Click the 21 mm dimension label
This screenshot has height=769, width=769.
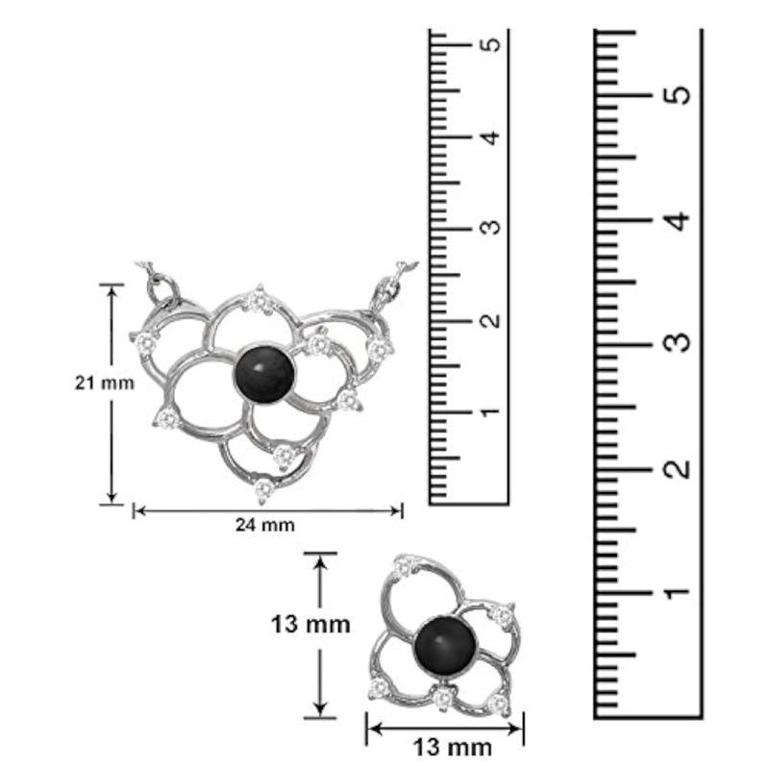coord(105,383)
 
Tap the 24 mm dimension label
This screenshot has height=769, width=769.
coord(265,525)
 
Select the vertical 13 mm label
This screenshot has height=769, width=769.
coord(310,624)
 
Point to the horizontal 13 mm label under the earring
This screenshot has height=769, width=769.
coord(452,749)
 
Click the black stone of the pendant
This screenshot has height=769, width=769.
coord(264,375)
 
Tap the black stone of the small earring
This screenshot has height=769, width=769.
coord(445,645)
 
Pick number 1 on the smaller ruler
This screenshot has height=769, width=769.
coord(490,412)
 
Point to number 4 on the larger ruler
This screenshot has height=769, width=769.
coord(678,221)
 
